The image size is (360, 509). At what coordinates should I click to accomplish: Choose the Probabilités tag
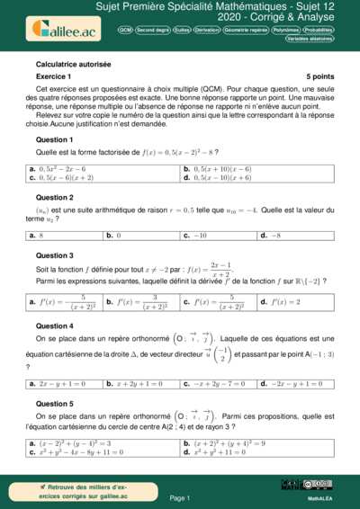point(317,30)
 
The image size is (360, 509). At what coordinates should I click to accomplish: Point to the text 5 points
point(319,78)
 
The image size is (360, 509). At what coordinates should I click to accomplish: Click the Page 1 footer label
point(180,497)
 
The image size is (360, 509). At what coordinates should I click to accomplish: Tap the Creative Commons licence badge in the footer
point(319,484)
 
